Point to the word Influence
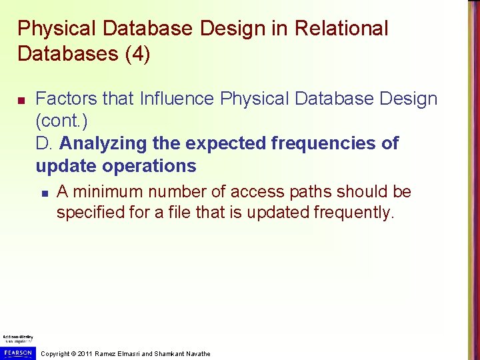177,99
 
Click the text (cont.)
61,121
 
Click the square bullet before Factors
21,100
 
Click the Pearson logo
17,352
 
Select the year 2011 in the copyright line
85,353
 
